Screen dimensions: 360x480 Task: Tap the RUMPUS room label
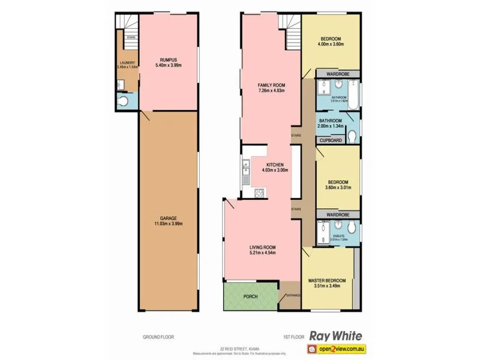168,59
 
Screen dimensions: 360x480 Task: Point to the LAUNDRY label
127,62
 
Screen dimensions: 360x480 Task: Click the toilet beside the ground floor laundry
124,102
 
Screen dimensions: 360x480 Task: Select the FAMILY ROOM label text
271,85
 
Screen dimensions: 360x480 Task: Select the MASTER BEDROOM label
328,280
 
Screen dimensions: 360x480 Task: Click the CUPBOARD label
331,140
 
